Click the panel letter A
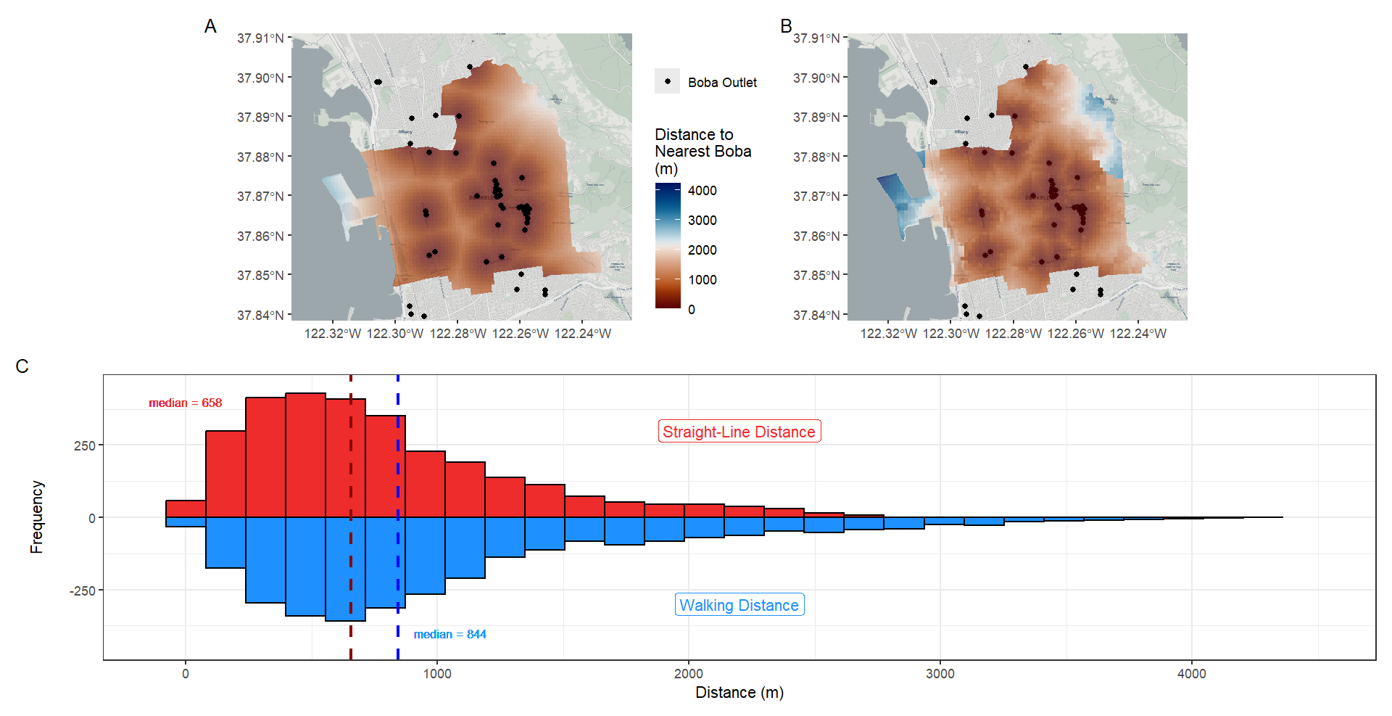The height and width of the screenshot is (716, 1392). [x=210, y=27]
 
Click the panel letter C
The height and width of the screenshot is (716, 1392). [x=22, y=366]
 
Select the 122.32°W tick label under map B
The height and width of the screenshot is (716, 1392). [x=888, y=334]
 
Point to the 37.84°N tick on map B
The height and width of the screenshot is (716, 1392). [x=816, y=315]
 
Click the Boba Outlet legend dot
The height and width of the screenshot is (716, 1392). [x=667, y=82]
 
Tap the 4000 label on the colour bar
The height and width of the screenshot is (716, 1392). [x=702, y=191]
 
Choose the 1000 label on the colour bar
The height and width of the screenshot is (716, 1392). [x=702, y=280]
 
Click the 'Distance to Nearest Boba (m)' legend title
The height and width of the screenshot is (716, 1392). [x=703, y=152]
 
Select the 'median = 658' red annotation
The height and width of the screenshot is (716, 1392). [x=186, y=403]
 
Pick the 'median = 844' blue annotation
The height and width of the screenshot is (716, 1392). [x=449, y=635]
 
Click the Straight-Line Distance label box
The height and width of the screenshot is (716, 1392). [x=739, y=432]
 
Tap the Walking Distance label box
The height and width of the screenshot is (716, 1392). [x=739, y=605]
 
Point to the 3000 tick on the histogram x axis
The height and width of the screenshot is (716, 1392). [x=940, y=674]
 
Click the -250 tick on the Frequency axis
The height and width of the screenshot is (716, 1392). [x=83, y=591]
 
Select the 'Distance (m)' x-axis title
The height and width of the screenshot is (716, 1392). [x=739, y=693]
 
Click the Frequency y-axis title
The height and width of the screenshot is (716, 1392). [x=37, y=517]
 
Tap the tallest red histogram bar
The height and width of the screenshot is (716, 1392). [x=305, y=455]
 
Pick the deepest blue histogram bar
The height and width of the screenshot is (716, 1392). [x=345, y=569]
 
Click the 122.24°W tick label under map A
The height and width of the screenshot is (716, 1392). [x=583, y=334]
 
